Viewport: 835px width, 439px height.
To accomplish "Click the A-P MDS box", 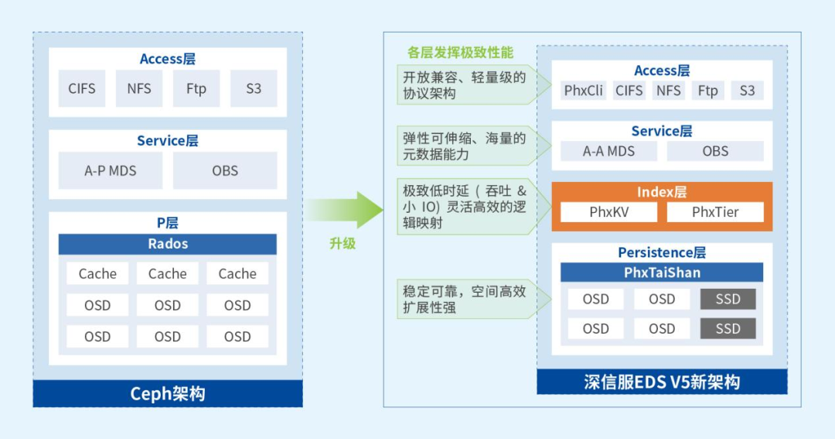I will (x=111, y=170).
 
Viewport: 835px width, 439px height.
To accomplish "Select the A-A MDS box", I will (x=608, y=151).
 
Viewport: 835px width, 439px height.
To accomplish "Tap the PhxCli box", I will (x=584, y=91).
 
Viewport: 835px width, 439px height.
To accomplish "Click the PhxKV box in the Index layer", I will (x=608, y=211).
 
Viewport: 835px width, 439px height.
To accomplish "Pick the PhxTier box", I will (x=715, y=211).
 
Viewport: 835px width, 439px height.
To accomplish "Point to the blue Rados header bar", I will (x=168, y=244).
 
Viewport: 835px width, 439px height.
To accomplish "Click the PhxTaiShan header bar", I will (x=662, y=273).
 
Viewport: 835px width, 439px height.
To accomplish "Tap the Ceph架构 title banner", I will (x=168, y=393).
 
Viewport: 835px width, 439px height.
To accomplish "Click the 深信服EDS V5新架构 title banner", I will (x=662, y=382).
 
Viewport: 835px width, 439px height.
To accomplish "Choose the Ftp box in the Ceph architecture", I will (x=196, y=88).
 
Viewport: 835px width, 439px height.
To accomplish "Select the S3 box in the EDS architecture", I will (x=747, y=91).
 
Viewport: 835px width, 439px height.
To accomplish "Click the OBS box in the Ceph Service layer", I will (x=225, y=170).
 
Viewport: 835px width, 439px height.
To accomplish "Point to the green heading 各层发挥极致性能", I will (x=460, y=53).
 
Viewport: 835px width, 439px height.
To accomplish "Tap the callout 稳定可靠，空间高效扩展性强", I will (x=464, y=300).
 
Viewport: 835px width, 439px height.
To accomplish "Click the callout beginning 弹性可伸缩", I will (x=464, y=146).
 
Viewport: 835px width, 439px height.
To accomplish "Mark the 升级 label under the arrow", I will (x=343, y=243).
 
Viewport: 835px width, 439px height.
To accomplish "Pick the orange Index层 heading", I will (x=662, y=192).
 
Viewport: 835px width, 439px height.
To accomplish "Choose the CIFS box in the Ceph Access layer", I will (x=82, y=88).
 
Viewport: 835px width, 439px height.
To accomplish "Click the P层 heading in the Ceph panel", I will (x=168, y=223).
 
